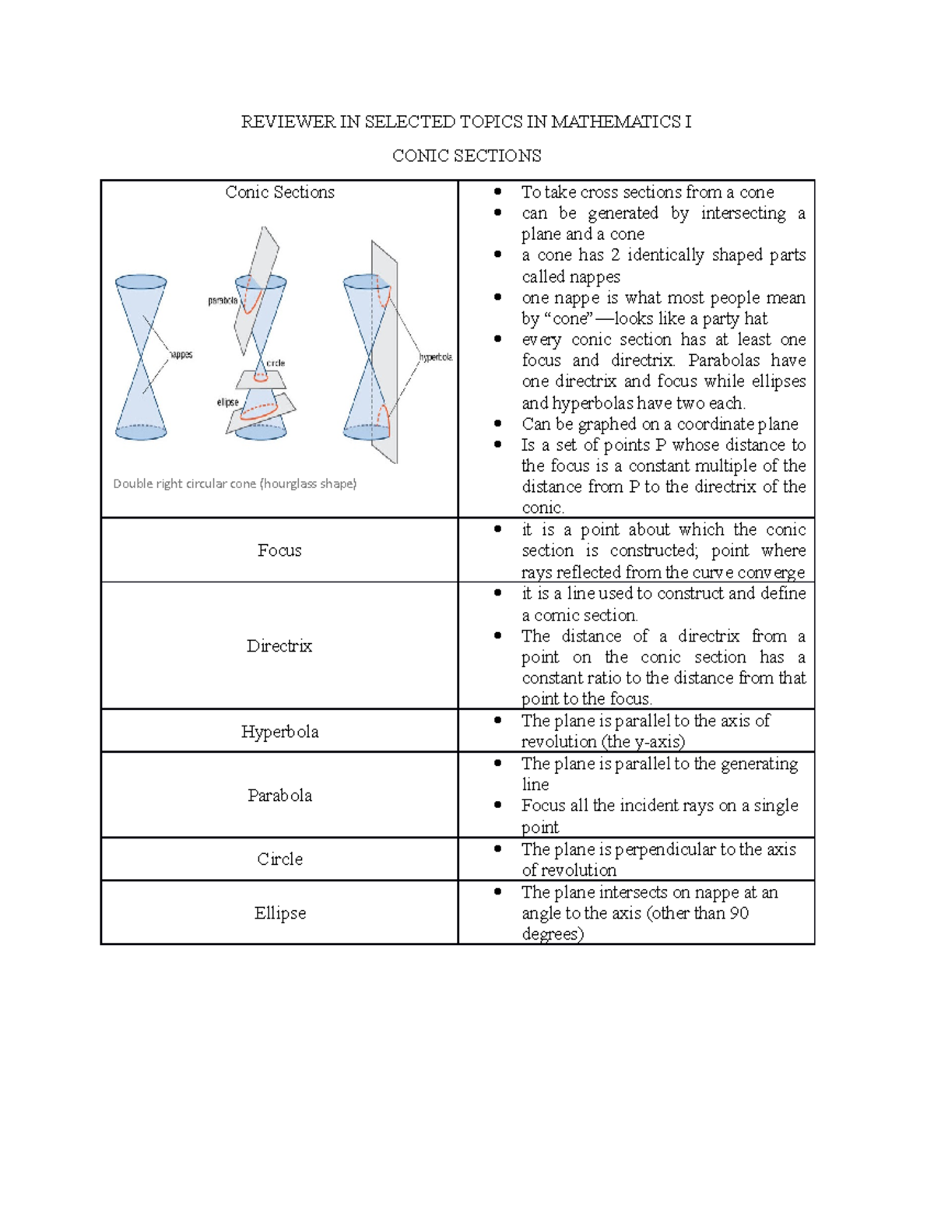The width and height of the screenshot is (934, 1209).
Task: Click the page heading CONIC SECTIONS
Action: point(466,156)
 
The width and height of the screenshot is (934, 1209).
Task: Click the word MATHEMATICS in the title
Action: point(616,121)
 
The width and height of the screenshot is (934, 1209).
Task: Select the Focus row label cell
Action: point(279,550)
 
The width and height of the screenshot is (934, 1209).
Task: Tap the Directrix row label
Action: point(279,646)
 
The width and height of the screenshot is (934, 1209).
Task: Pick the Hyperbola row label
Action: point(279,732)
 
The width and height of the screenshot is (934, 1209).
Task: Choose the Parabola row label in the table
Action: point(279,796)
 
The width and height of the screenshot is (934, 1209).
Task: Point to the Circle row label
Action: point(279,859)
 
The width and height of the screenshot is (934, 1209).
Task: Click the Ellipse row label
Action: point(279,913)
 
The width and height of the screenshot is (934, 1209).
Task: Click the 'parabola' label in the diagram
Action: point(223,300)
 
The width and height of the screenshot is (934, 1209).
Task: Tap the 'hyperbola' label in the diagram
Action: point(436,357)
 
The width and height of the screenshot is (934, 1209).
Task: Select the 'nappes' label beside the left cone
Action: point(181,355)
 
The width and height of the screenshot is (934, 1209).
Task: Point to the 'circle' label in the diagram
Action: point(276,363)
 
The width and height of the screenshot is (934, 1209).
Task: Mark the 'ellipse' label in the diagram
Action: point(227,402)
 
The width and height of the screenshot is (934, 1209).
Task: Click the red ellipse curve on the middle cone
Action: point(260,412)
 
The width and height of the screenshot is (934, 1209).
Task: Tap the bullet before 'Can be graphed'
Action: point(497,424)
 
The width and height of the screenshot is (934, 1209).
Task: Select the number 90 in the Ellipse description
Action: point(739,913)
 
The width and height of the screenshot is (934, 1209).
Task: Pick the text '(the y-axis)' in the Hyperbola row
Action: point(643,742)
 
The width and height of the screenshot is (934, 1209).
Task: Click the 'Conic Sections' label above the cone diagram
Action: point(279,192)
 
